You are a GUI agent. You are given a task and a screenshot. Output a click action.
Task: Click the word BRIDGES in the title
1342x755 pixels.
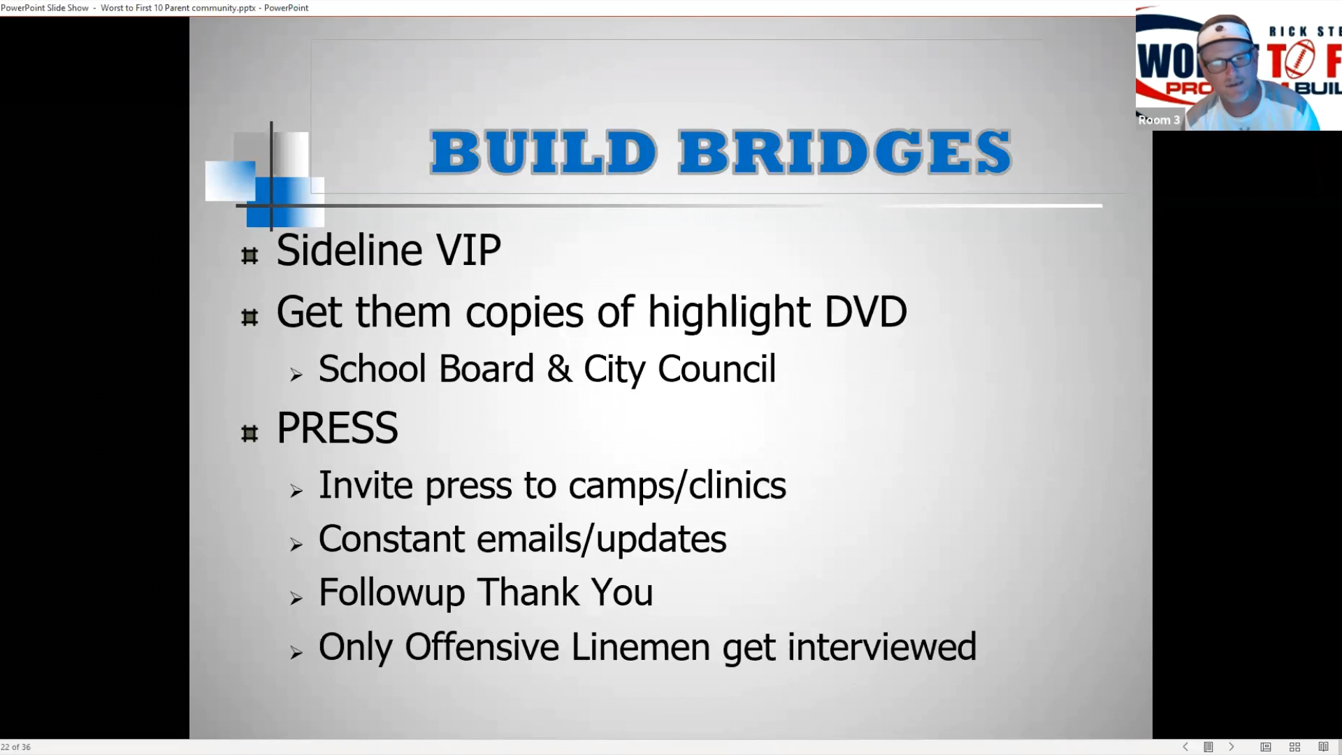845,152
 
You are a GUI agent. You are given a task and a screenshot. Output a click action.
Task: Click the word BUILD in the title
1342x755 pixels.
543,152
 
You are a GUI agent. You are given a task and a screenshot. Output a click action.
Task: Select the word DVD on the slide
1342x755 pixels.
865,312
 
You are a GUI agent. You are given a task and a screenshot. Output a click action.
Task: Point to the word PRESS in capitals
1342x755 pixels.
338,428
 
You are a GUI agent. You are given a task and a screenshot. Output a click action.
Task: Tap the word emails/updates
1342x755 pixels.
601,540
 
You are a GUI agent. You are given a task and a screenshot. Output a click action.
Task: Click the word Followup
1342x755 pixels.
392,594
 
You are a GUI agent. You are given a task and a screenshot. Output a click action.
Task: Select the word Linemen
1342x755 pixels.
640,647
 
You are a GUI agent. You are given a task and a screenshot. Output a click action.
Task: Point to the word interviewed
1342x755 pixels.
881,647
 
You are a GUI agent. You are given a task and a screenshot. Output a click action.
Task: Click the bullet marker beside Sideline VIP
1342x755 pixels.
250,256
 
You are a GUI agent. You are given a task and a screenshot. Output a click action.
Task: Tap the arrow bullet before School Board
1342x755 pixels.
296,375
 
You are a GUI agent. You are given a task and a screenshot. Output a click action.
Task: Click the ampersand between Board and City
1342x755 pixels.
559,369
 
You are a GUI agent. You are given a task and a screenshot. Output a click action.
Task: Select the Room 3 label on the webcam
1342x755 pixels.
1159,120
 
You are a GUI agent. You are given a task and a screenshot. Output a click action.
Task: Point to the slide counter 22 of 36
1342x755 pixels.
16,747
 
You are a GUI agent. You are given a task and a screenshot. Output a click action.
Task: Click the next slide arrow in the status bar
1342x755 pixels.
1232,747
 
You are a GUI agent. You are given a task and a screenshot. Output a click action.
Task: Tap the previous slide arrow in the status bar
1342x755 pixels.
1185,747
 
